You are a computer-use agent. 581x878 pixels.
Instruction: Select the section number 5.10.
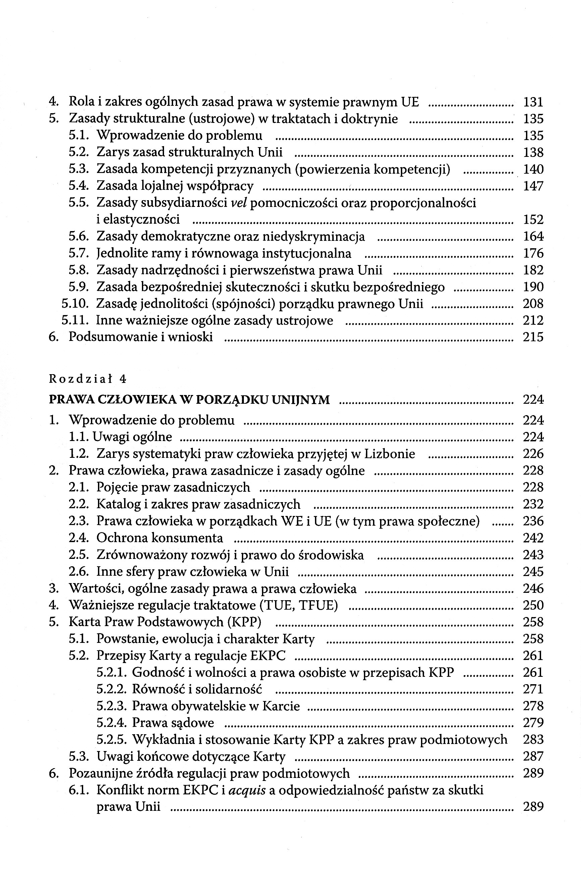[75, 304]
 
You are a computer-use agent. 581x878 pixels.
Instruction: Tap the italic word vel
[239, 203]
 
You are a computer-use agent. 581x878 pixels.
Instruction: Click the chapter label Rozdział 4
[88, 379]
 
